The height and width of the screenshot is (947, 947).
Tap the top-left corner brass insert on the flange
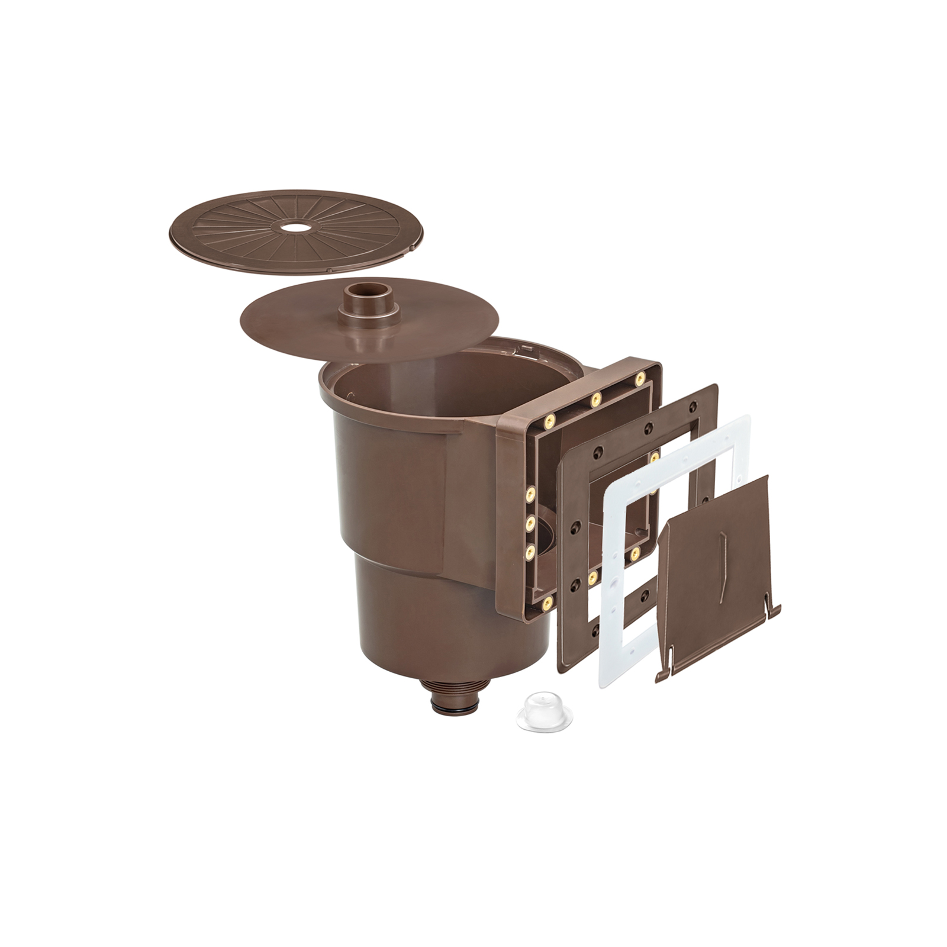[549, 421]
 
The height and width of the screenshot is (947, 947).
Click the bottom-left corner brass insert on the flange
[548, 604]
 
